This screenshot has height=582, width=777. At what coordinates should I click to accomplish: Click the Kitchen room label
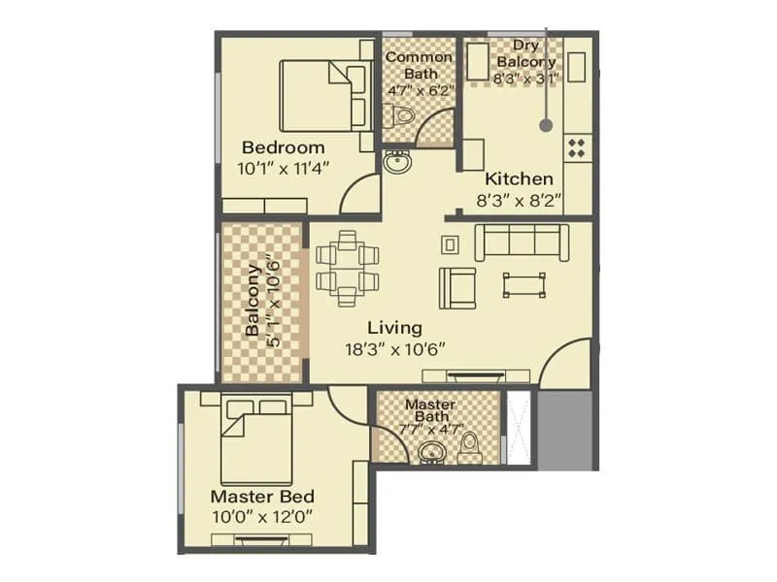(519, 179)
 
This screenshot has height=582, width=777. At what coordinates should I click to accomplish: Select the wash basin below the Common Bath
(396, 162)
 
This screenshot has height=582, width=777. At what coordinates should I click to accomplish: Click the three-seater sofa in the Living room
(522, 242)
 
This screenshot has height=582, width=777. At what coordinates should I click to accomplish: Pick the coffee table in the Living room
(524, 283)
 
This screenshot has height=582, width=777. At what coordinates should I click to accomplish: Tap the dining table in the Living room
(347, 268)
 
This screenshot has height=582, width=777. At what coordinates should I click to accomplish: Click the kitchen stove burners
(576, 147)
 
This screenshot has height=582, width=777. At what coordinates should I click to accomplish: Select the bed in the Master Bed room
(256, 441)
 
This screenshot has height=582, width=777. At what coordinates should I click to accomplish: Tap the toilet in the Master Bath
(471, 448)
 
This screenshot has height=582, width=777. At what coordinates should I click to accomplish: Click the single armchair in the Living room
(456, 286)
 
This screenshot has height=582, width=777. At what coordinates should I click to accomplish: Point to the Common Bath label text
(419, 56)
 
